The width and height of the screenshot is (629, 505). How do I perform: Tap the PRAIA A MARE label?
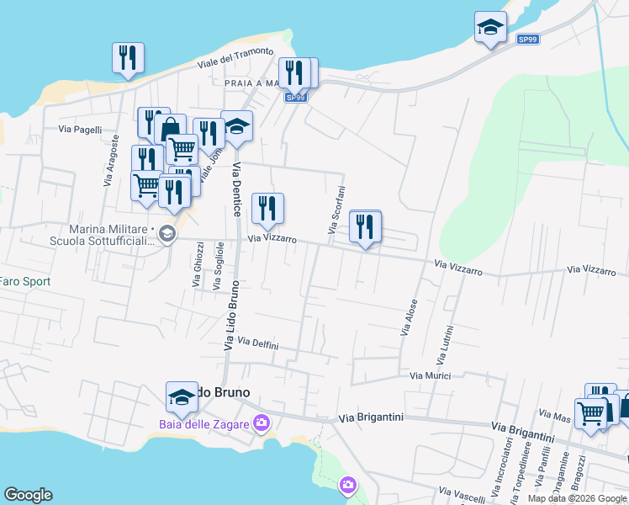coord(251,83)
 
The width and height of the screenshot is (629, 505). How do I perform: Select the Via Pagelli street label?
coord(80,130)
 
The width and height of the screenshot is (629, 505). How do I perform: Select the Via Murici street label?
coord(431,375)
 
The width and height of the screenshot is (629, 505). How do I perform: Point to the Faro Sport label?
coord(25,282)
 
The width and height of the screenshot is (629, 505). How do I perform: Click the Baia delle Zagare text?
coord(204,424)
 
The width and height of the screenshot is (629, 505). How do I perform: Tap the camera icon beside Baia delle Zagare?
coord(262,422)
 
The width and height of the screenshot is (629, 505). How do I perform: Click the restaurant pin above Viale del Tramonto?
coord(128,59)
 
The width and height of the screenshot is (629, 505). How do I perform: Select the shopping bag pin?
coord(170,130)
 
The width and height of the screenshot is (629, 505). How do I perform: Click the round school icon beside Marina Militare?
coord(166,233)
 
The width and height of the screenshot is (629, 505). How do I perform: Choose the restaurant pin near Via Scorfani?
coord(365,226)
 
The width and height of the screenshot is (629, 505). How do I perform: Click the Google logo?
coord(28,495)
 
